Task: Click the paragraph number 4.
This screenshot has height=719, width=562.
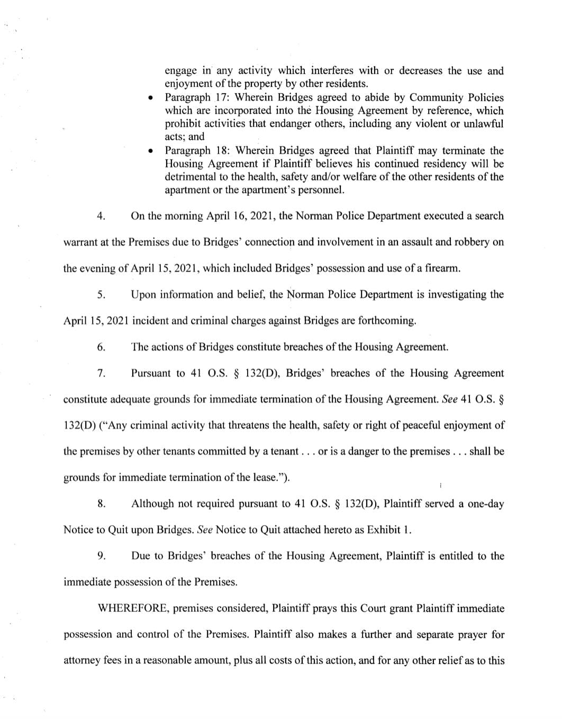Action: click(101, 216)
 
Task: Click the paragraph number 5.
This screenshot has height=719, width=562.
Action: click(101, 294)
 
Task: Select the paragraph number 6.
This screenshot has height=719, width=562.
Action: click(101, 347)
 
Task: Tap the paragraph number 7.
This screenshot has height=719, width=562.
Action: click(101, 373)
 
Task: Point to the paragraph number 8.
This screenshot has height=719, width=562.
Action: click(101, 504)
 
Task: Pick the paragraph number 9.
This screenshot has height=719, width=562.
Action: click(101, 556)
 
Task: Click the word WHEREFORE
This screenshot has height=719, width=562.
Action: click(133, 608)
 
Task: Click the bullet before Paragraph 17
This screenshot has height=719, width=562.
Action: click(151, 98)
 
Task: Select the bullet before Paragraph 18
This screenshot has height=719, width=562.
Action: click(151, 151)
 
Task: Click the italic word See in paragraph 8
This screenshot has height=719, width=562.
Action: click(204, 529)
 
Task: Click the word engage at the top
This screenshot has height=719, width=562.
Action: click(180, 71)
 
